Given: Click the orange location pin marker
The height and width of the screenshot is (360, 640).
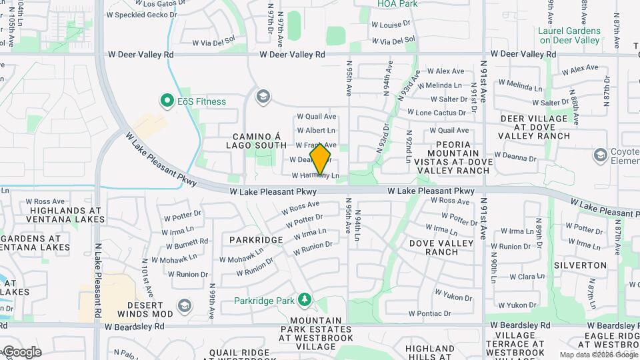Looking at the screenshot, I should pyautogui.click(x=321, y=159).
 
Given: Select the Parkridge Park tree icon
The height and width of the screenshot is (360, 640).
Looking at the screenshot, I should pyautogui.click(x=305, y=300).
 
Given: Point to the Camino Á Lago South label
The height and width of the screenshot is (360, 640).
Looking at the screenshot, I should pyautogui.click(x=260, y=141).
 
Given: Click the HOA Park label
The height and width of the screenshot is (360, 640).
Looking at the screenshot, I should pyautogui.click(x=397, y=4).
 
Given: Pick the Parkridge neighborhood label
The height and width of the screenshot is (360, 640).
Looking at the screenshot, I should pyautogui.click(x=257, y=239).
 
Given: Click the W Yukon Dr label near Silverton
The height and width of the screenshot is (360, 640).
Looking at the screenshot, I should pyautogui.click(x=512, y=305).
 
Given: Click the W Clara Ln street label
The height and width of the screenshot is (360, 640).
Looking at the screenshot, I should pyautogui.click(x=526, y=277).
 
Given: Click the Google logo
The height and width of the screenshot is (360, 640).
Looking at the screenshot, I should pyautogui.click(x=21, y=352).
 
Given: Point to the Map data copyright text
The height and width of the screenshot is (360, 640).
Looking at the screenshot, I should pyautogui.click(x=598, y=355).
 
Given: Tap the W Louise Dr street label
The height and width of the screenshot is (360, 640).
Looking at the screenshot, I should pyautogui.click(x=391, y=25).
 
